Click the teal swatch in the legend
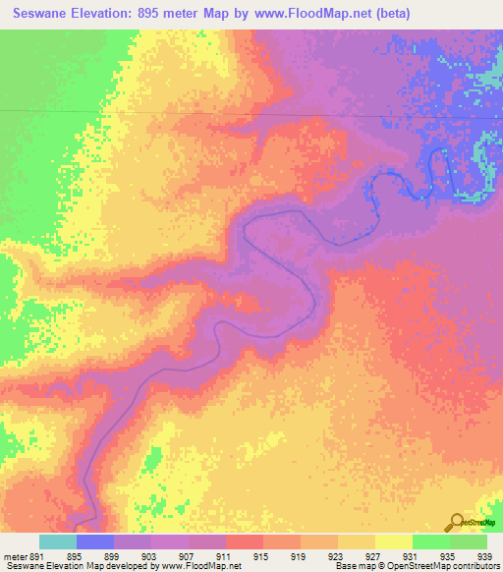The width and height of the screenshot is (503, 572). [58, 543]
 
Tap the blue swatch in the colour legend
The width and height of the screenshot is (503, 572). [95, 543]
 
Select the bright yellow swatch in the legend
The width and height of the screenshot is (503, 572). [393, 543]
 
